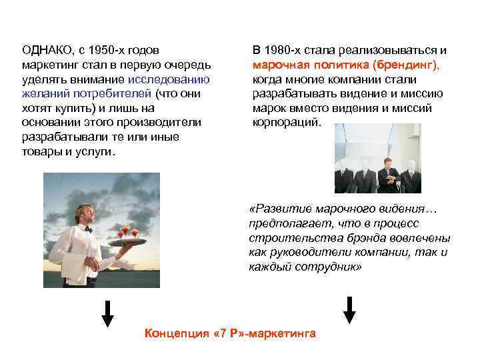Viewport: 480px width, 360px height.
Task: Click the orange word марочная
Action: (279, 65)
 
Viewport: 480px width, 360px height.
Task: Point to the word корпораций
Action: (286, 123)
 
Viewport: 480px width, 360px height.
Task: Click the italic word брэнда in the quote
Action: (348, 238)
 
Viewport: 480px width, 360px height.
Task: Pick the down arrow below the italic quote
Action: (349, 308)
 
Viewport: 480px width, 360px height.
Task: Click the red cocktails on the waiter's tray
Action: (126, 233)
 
